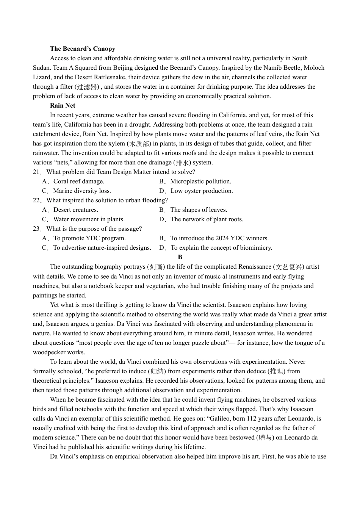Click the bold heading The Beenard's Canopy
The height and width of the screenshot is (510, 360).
coord(82,48)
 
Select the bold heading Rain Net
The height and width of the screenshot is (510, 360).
coord(63,105)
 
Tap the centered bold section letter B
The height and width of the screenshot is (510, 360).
coord(180,257)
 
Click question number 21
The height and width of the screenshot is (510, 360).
coord(36,172)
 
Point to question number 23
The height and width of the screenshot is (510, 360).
coord(36,228)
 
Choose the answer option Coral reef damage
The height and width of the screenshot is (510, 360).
coord(78,181)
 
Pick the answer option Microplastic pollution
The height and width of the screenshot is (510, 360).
coord(200,181)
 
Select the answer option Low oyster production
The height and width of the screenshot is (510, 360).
coord(202,191)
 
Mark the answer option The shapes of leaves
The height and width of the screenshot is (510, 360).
coord(199,210)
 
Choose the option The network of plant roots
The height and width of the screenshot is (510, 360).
coord(207,219)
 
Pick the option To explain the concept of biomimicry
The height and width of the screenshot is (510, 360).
coord(221,247)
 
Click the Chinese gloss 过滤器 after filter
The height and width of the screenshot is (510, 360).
coord(87,87)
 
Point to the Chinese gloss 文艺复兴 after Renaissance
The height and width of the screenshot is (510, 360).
coord(289,267)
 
